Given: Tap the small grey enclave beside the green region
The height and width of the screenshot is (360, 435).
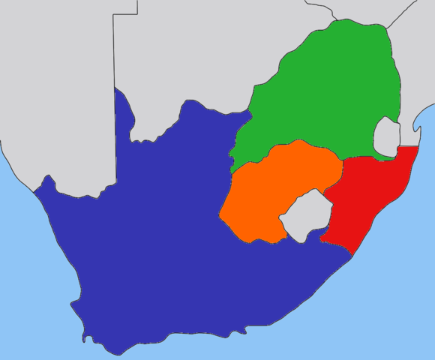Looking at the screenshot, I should click(x=386, y=137).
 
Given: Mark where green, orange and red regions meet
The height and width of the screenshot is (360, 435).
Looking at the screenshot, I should click(x=343, y=160).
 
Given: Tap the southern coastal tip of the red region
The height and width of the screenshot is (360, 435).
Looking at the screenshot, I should click(x=352, y=256).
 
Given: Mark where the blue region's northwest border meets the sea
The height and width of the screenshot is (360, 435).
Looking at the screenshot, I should click(x=34, y=190).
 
